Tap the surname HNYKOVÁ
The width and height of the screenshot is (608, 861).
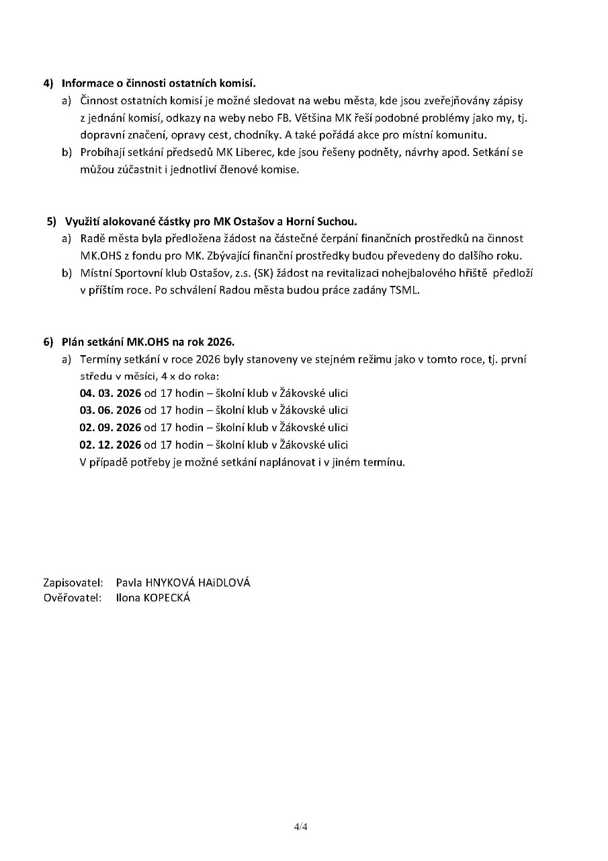[x=169, y=583]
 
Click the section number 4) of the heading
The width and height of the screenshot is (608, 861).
[x=48, y=83]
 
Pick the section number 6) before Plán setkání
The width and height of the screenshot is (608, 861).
[x=48, y=342]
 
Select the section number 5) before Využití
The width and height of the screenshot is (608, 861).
[x=52, y=221]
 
